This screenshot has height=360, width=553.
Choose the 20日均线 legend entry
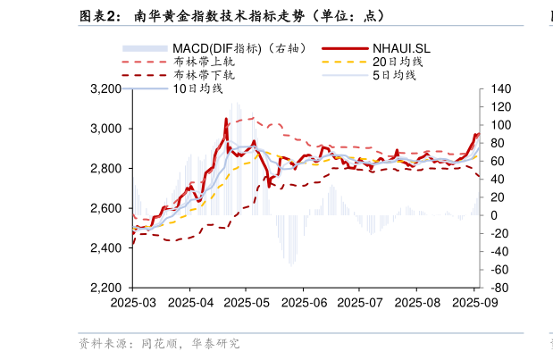click(398, 62)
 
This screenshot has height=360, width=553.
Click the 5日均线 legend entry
click(394, 76)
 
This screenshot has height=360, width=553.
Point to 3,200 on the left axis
click(106, 89)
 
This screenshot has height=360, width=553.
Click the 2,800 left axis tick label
click(106, 169)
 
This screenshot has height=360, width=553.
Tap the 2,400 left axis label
click(106, 248)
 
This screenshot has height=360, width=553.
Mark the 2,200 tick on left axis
click(106, 289)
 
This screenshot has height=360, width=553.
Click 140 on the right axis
click(499, 89)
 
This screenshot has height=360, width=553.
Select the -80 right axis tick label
click(499, 289)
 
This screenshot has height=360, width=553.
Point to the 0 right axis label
click(494, 215)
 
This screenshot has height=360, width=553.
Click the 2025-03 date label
click(132, 303)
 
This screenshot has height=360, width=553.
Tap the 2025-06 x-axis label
click(302, 303)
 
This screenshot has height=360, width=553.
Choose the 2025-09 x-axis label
click(473, 303)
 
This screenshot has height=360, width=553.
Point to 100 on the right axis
click(499, 125)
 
